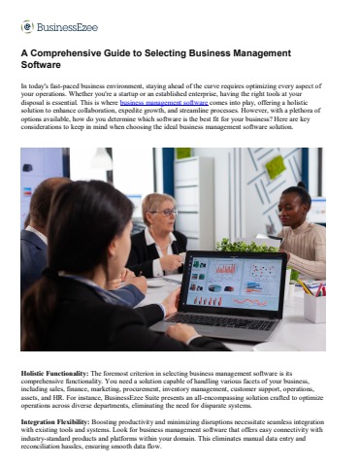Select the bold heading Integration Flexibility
(59, 423)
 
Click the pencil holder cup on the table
(313, 306)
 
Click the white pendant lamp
(102, 158)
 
